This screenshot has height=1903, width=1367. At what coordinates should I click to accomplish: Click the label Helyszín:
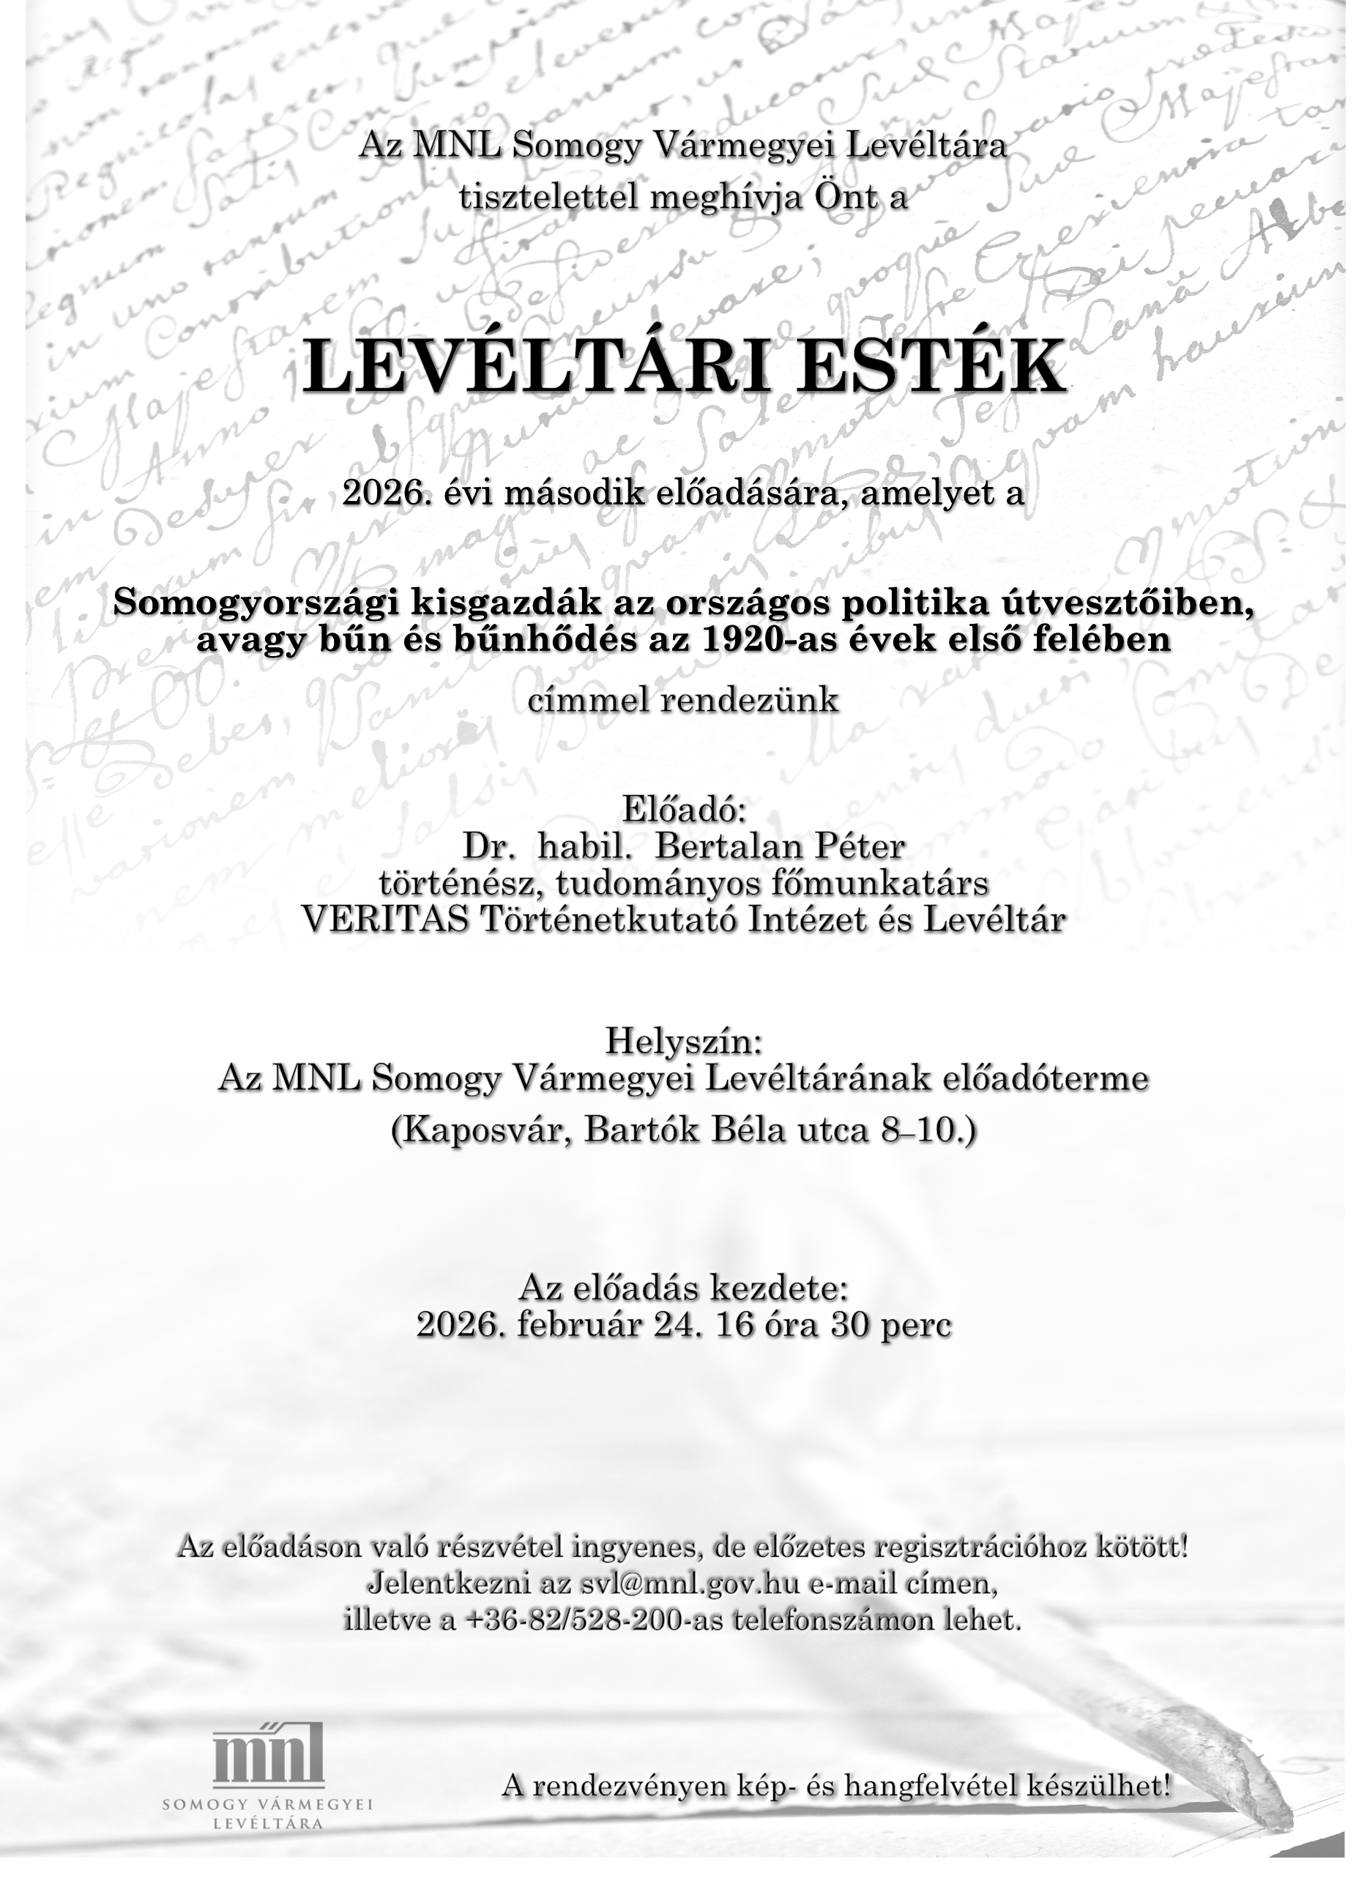coord(683,1042)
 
